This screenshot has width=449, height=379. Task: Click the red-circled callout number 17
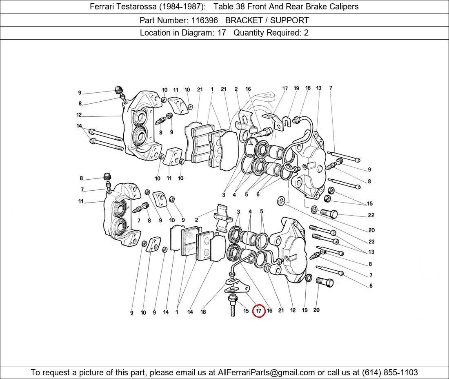pos(258,311)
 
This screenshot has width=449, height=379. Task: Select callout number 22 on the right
pos(371,215)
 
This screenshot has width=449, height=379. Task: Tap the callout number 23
pos(371,241)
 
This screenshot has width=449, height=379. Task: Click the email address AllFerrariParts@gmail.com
pos(267,372)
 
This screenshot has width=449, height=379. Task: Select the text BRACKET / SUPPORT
pos(267,20)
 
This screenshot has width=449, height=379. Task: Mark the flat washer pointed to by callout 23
pos(281,200)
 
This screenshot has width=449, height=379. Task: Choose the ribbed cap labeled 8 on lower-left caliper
pos(107,176)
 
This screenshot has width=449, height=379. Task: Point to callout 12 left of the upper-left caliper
pos(79,115)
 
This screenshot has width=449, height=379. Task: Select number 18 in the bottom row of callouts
pos(203,312)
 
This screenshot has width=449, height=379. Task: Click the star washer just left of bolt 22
pos(314,210)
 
